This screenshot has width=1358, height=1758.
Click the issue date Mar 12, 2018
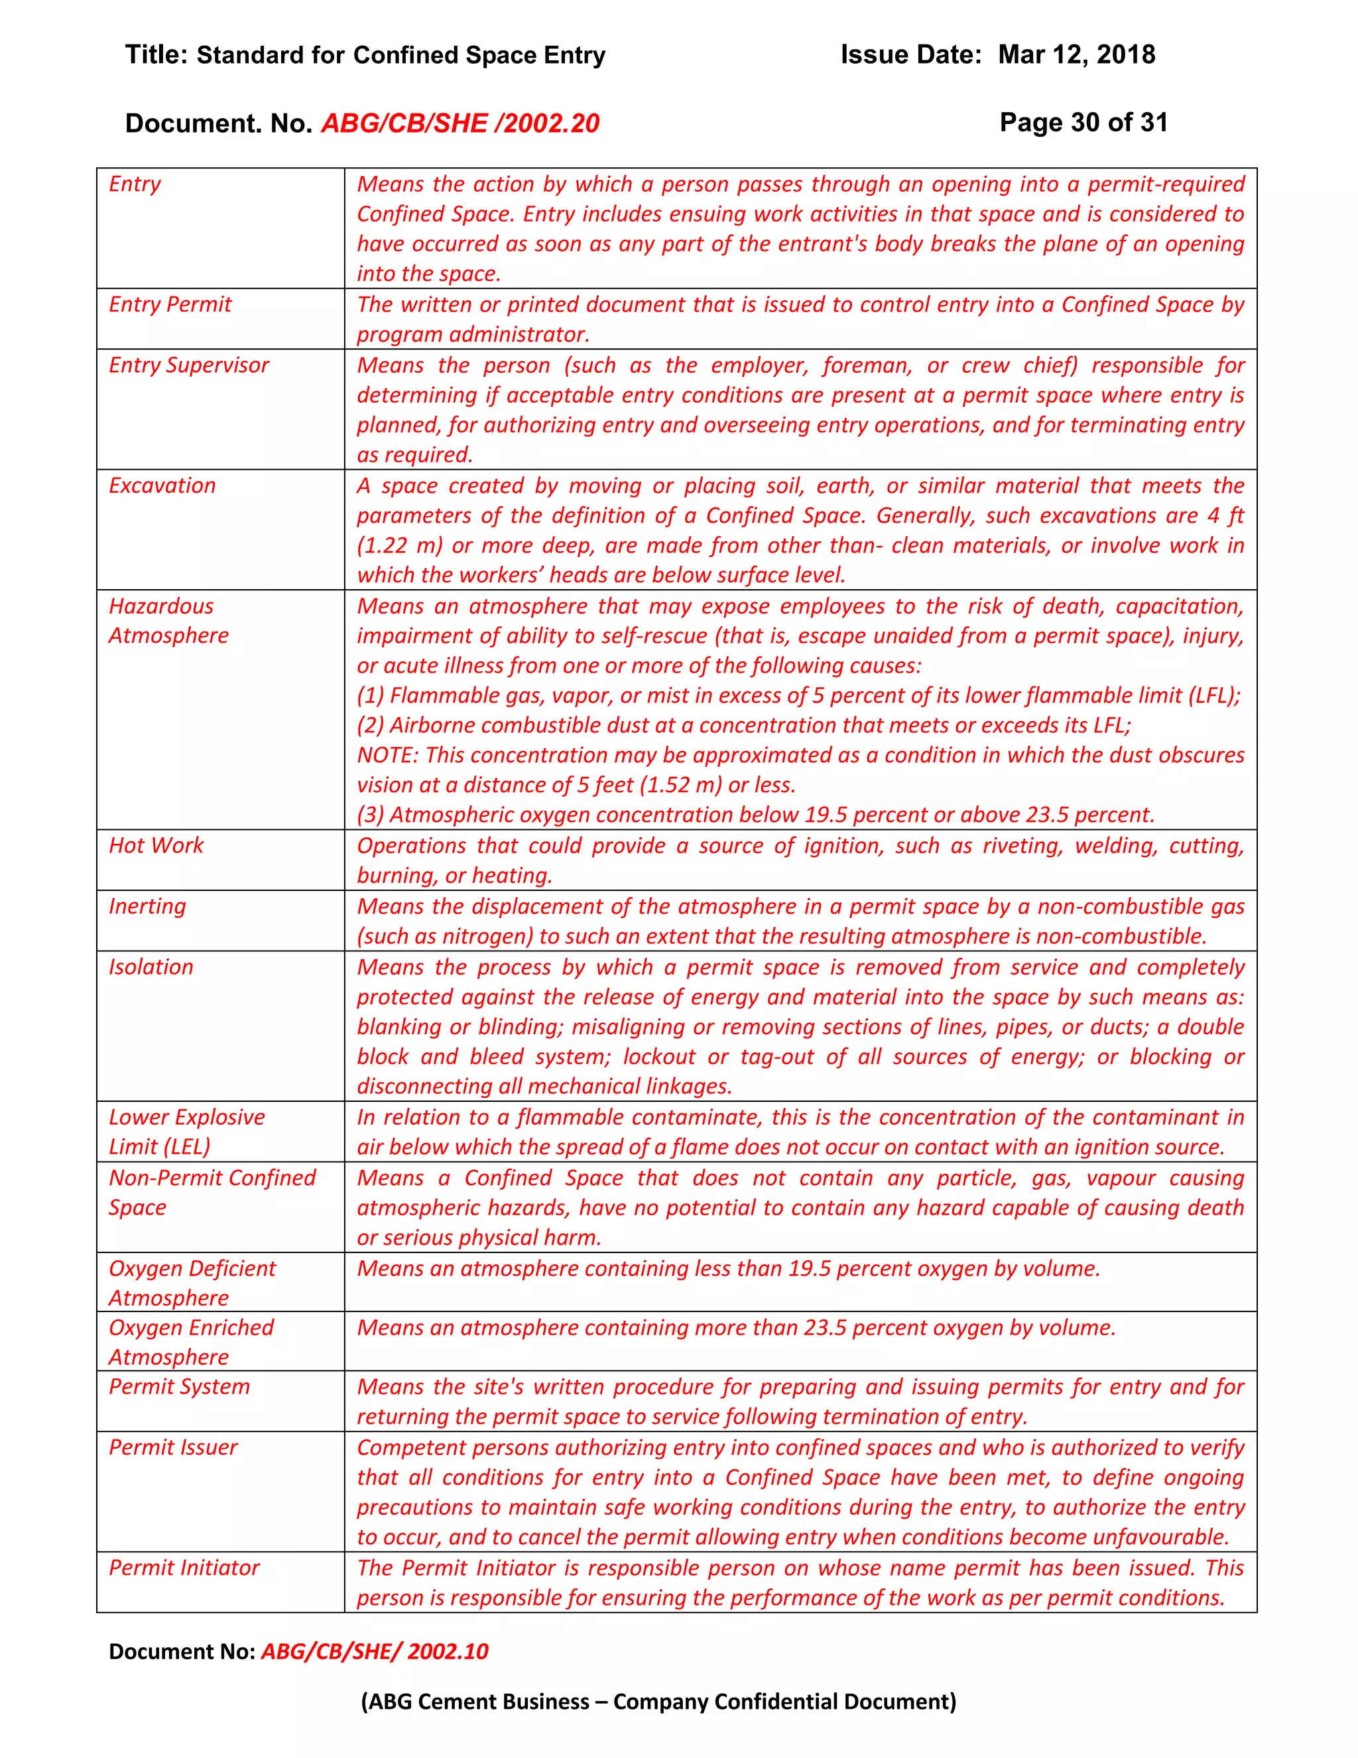1076,55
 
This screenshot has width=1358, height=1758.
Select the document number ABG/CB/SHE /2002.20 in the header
460,123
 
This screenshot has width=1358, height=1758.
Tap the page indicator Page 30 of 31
1083,122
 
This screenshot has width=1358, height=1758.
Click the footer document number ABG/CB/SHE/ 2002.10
374,1651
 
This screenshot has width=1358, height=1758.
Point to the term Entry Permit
170,304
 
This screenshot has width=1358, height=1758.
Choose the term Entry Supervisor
189,365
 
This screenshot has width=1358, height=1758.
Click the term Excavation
162,486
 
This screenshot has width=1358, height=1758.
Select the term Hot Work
156,845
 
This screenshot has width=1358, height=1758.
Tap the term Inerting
147,906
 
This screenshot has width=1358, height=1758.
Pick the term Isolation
151,967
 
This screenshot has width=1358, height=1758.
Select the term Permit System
180,1386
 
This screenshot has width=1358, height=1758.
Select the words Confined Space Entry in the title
479,55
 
